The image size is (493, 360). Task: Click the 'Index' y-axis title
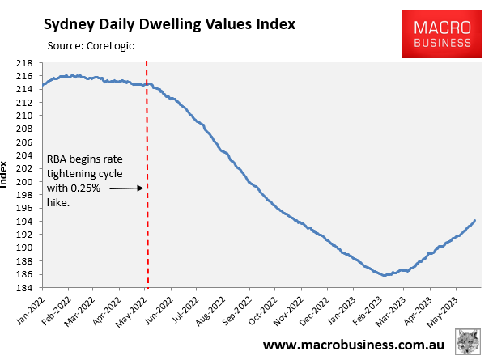point(7,175)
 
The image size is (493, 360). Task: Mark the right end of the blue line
point(474,220)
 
